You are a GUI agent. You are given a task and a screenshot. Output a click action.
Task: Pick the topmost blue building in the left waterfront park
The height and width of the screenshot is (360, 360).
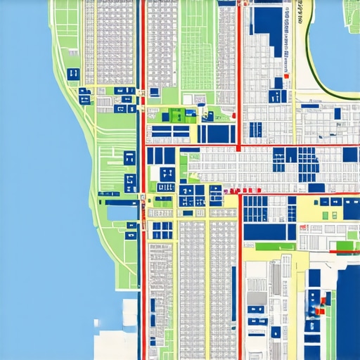click(x=72, y=73)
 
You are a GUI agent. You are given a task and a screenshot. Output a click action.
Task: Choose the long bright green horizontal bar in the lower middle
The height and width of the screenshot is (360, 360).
click(x=275, y=246)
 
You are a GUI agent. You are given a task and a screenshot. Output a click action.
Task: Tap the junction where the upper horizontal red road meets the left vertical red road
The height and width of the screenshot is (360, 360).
click(x=143, y=147)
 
